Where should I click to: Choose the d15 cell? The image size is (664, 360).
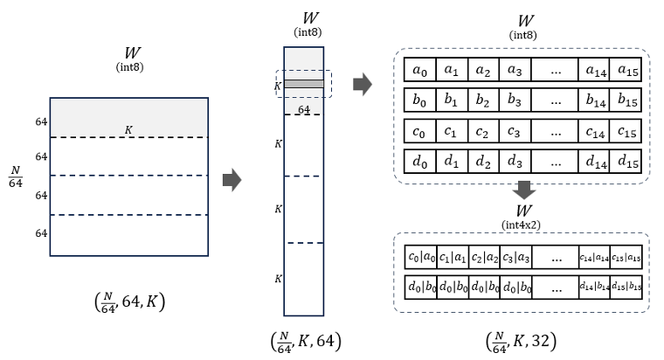(x=626, y=163)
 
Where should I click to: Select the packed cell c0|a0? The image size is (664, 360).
(x=420, y=257)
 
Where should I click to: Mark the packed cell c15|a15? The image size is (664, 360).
(x=626, y=257)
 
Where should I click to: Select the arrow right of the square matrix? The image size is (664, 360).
(x=232, y=180)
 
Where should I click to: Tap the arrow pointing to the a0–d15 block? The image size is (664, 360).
(x=361, y=85)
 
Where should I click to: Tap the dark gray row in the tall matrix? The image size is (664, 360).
(x=304, y=84)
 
